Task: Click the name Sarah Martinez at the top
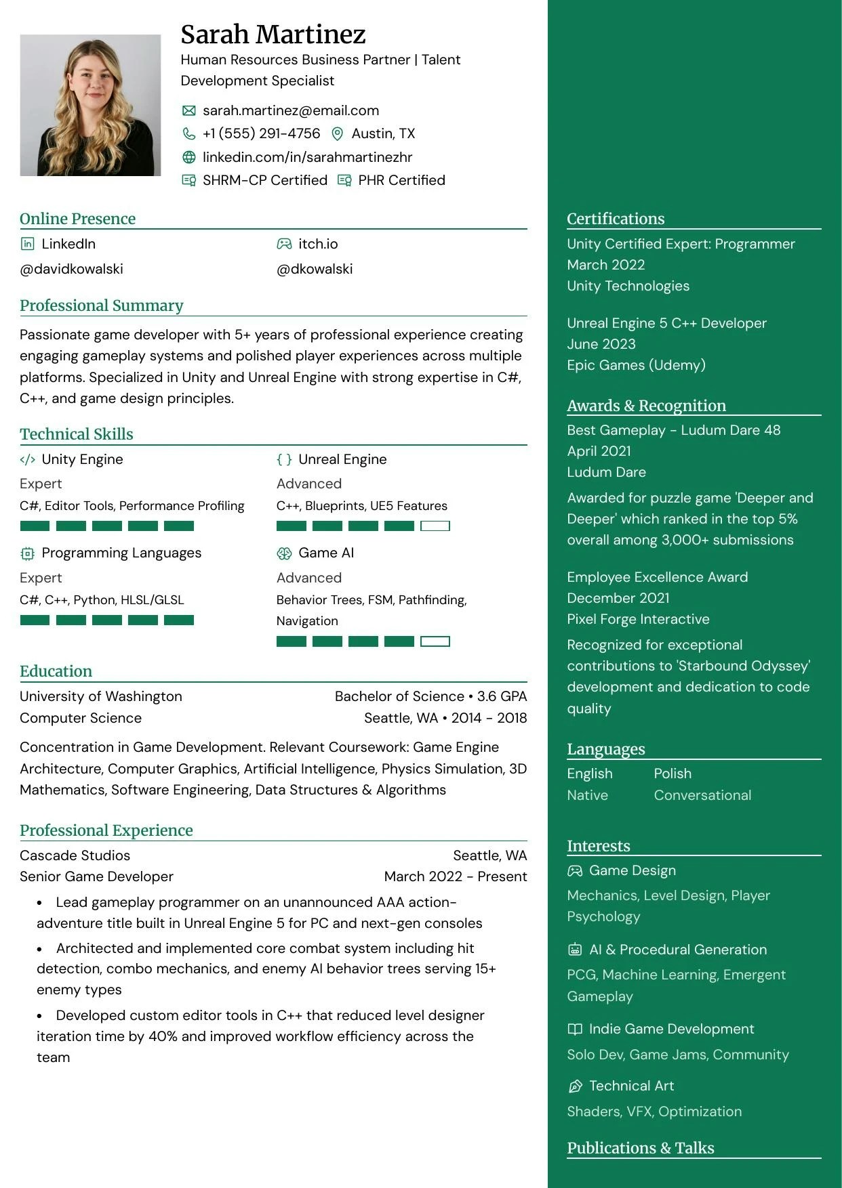pos(273,34)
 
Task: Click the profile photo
pos(90,106)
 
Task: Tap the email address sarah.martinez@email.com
pos(290,110)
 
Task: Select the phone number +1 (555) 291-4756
pos(261,133)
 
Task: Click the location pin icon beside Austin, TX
pos(337,134)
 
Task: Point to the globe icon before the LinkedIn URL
pos(189,157)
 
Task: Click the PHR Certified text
pos(401,180)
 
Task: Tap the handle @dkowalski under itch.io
pos(315,269)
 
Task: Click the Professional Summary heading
pos(102,305)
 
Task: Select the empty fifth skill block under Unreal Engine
pos(435,526)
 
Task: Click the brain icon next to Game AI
pos(284,553)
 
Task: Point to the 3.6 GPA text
pos(502,696)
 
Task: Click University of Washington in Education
pos(101,696)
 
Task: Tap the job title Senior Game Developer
pos(96,876)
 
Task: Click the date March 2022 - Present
pos(455,876)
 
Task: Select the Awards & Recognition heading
pos(646,406)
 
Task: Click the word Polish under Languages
pos(673,773)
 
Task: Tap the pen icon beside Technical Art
pos(575,1086)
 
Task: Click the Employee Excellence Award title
pos(657,577)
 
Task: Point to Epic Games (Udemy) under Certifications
pos(636,365)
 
